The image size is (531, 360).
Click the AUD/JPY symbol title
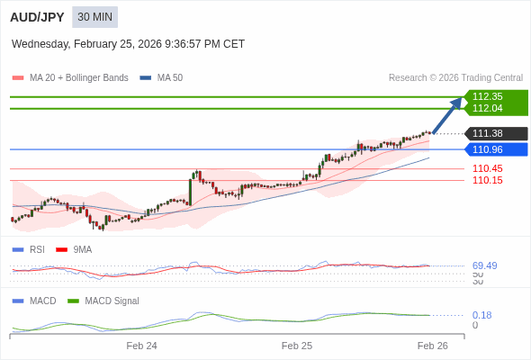(37, 17)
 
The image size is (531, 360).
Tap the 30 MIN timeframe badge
(94, 17)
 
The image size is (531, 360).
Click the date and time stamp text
(128, 44)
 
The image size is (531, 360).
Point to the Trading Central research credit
(455, 78)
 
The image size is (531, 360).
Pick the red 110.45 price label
(487, 168)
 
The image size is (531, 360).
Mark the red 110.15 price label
(487, 180)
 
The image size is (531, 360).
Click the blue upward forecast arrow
(447, 115)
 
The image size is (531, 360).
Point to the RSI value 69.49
(484, 265)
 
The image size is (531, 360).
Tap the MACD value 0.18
(481, 315)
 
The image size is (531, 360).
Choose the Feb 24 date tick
(141, 346)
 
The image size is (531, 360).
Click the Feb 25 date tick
(297, 346)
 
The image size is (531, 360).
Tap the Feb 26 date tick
(432, 346)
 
